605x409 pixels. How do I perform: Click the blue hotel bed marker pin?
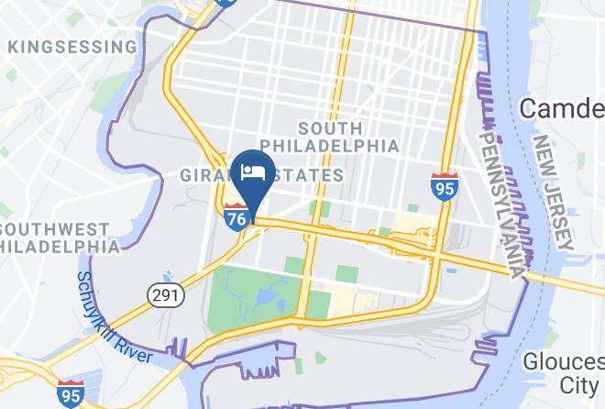click(250, 173)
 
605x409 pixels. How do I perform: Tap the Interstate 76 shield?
click(234, 216)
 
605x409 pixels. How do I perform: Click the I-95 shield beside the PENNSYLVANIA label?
click(445, 186)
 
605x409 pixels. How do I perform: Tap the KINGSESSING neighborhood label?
click(71, 46)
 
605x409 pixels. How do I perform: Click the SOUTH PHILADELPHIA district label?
click(329, 138)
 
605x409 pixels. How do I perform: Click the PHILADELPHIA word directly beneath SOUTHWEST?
click(60, 246)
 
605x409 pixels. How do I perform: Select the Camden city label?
click(561, 108)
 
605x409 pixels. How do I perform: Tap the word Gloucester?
click(563, 361)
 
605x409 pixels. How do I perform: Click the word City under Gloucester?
click(579, 384)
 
